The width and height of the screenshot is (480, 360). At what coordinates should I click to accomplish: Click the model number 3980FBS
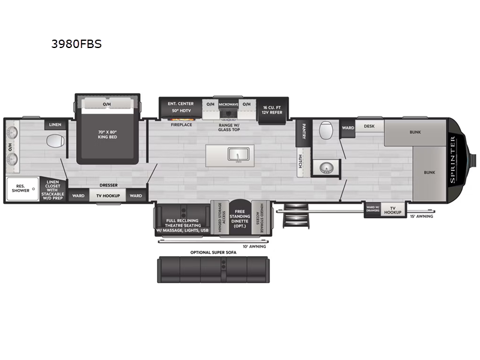pyautogui.click(x=76, y=44)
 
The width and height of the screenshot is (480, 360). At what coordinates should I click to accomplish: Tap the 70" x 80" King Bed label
pyautogui.click(x=107, y=134)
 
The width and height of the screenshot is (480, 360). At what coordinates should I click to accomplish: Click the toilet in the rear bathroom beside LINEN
pyautogui.click(x=55, y=142)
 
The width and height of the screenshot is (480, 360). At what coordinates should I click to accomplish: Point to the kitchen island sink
pyautogui.click(x=238, y=155)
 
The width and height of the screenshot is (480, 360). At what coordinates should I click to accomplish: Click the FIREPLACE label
pyautogui.click(x=181, y=125)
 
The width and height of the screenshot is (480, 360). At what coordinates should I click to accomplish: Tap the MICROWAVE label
pyautogui.click(x=229, y=104)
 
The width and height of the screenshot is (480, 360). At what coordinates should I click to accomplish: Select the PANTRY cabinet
pyautogui.click(x=304, y=132)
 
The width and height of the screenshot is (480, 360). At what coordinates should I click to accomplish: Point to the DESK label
pyautogui.click(x=369, y=126)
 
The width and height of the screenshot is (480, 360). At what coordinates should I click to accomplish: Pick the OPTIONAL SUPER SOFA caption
pyautogui.click(x=214, y=253)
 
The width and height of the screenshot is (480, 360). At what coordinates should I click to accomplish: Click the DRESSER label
pyautogui.click(x=109, y=185)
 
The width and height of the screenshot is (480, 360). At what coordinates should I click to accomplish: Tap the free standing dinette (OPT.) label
pyautogui.click(x=240, y=218)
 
